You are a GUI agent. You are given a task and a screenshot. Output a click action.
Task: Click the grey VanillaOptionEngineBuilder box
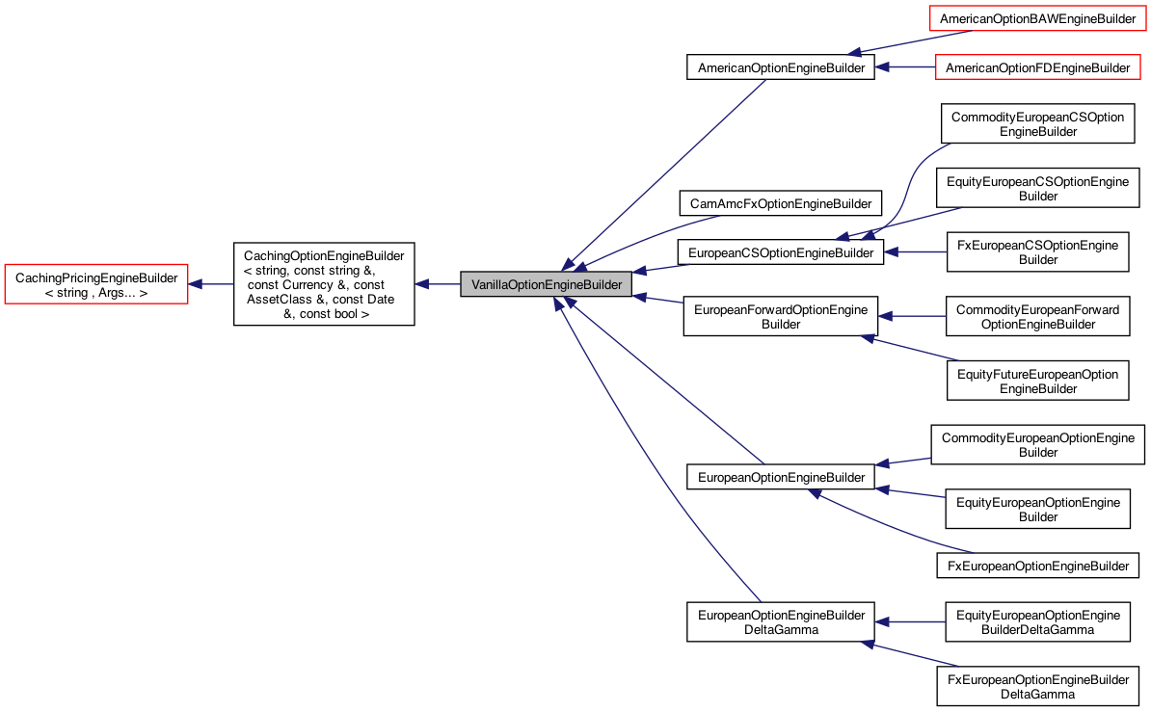547,284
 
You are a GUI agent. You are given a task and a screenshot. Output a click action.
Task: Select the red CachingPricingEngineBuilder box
96,284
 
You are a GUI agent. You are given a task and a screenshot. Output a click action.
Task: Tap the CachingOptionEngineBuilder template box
324,284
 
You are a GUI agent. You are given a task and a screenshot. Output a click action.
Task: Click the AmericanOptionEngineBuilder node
780,67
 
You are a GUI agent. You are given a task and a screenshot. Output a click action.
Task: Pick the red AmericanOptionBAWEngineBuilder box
1038,18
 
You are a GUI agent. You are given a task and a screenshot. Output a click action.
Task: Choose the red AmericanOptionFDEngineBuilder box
1038,67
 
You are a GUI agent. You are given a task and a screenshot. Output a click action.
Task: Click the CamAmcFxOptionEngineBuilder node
780,203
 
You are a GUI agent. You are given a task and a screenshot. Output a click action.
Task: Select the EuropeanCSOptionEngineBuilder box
780,252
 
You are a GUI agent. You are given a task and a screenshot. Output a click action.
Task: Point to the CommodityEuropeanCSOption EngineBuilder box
1037,123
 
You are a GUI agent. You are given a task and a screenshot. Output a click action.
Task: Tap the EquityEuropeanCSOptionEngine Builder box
1037,188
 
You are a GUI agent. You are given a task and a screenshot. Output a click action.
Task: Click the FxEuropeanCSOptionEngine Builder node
1037,252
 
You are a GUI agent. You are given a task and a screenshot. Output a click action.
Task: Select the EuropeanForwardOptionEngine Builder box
781,317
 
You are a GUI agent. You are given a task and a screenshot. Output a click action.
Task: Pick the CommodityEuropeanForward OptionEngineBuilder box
1037,317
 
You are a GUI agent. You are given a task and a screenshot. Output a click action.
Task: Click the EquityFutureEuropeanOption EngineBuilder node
1037,382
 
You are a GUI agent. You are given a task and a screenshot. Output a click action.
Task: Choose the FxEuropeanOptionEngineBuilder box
1037,566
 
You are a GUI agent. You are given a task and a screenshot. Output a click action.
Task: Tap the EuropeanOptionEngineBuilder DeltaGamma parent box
781,621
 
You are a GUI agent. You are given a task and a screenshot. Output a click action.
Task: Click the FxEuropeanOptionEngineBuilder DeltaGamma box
1037,686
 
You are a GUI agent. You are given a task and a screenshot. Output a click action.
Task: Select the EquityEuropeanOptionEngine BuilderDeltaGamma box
1037,621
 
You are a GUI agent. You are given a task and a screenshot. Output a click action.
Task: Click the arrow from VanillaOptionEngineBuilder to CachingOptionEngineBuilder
438,284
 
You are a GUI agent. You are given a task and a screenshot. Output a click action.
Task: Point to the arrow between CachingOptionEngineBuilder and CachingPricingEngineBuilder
210,284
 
